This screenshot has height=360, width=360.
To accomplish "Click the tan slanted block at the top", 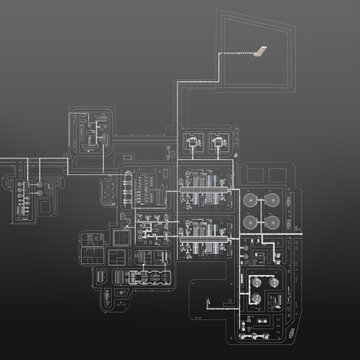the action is (258, 49).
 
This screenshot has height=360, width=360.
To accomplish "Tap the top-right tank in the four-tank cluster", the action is (272, 198).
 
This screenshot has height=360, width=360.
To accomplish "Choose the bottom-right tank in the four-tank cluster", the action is (272, 221).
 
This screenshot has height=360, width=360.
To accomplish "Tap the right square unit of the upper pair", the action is (217, 144).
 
